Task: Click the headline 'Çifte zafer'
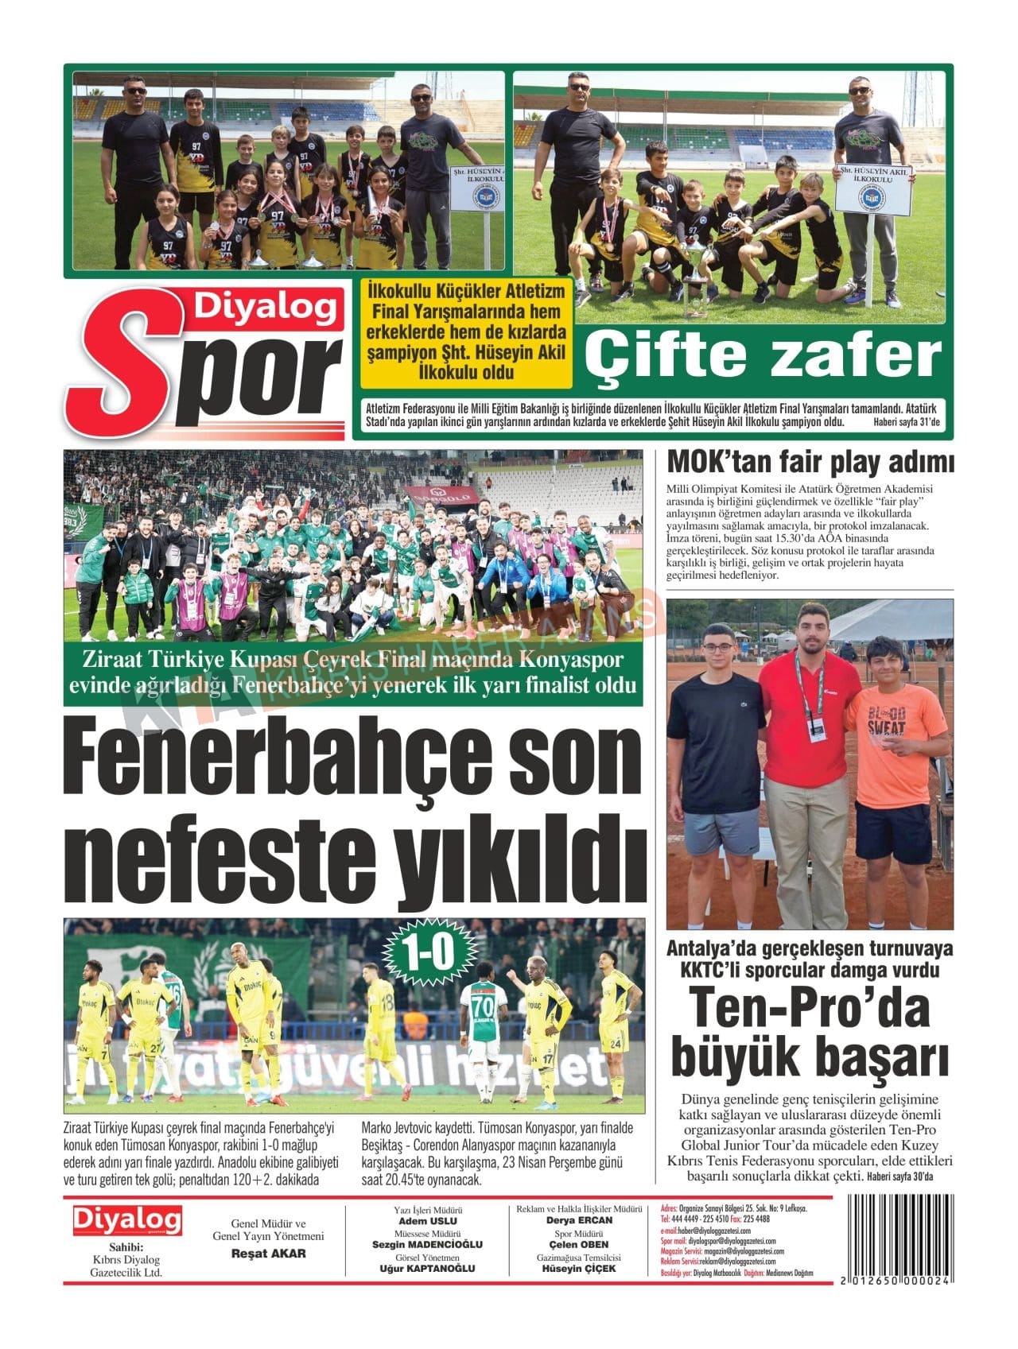(x=763, y=357)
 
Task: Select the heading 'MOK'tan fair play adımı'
(x=810, y=462)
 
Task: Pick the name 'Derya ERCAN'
(x=578, y=1220)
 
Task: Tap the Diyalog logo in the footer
(x=127, y=1220)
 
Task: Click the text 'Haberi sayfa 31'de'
(x=906, y=423)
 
